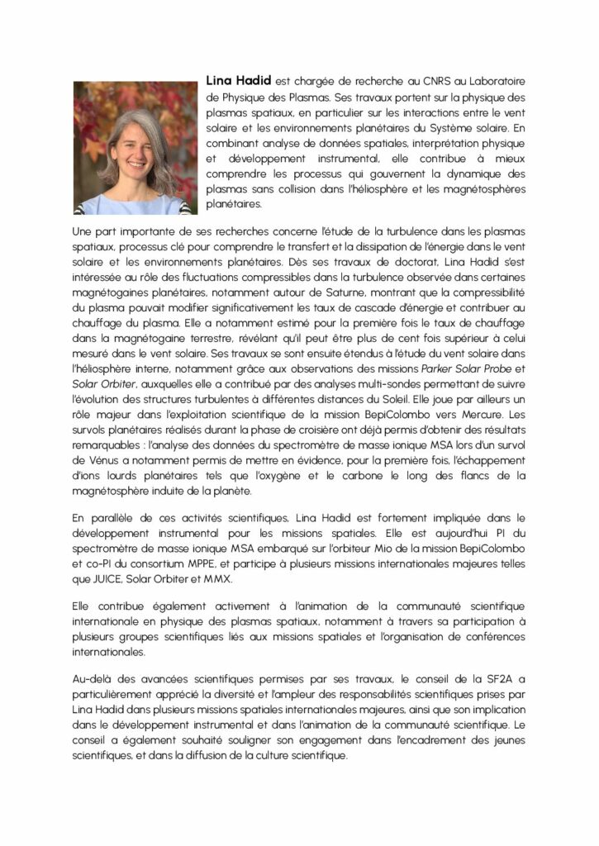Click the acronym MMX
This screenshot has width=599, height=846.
(x=218, y=579)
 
